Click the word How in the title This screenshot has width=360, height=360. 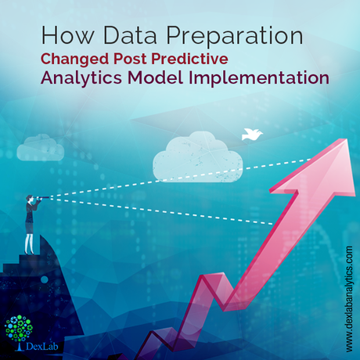(67, 35)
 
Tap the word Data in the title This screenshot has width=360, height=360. (130, 35)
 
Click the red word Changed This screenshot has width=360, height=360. (75, 59)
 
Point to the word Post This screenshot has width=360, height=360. (131, 59)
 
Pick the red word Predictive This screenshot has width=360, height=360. (190, 59)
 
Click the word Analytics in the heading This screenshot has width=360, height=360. (81, 78)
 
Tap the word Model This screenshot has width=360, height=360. (155, 77)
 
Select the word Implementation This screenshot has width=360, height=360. (259, 78)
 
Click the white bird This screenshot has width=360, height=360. (251, 135)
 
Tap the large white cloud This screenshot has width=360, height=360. (197, 157)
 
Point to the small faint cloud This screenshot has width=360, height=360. (41, 147)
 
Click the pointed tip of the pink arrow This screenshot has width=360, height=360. (347, 139)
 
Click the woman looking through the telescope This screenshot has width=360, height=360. (30, 225)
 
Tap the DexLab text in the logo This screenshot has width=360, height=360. (42, 347)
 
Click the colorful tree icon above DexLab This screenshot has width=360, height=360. (19, 329)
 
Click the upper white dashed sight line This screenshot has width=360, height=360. (180, 178)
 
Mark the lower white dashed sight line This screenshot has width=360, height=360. (160, 211)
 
